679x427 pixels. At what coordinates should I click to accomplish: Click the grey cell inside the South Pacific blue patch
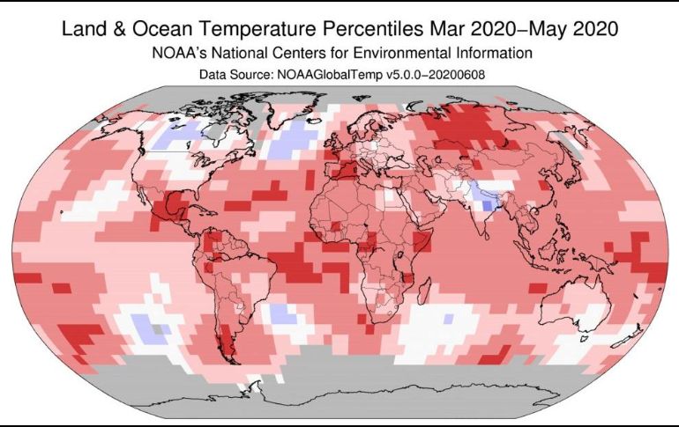pyautogui.click(x=158, y=328)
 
